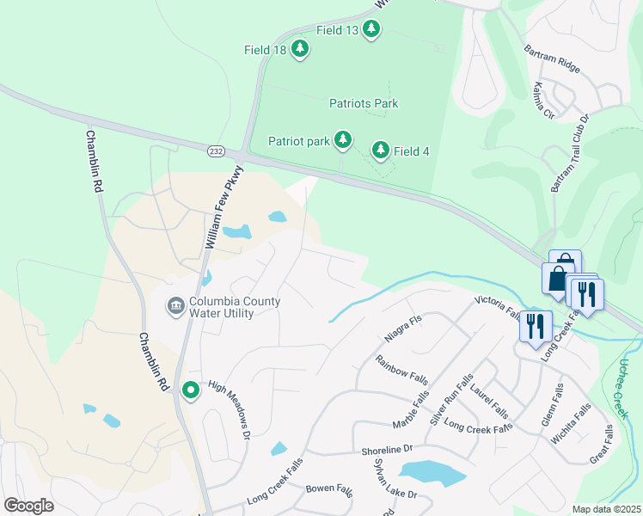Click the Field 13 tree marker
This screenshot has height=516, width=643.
tap(371, 29)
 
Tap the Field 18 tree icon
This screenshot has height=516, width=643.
tap(300, 49)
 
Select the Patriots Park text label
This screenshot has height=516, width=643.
tap(364, 103)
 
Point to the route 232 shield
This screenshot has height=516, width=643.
tap(215, 150)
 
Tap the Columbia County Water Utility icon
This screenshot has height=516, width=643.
tap(175, 306)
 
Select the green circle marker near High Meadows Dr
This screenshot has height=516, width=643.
tap(190, 390)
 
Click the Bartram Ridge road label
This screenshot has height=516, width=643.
tap(551, 56)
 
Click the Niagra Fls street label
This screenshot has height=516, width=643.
tap(403, 322)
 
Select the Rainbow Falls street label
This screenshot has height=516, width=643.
tap(402, 367)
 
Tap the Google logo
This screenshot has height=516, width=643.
tap(28, 506)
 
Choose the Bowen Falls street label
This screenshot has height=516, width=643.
tap(329, 489)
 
